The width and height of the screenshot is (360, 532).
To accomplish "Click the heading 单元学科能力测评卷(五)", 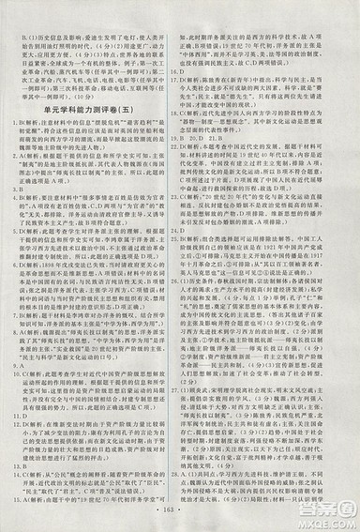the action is click(92, 107).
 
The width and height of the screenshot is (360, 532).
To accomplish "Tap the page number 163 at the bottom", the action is click(179, 519).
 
